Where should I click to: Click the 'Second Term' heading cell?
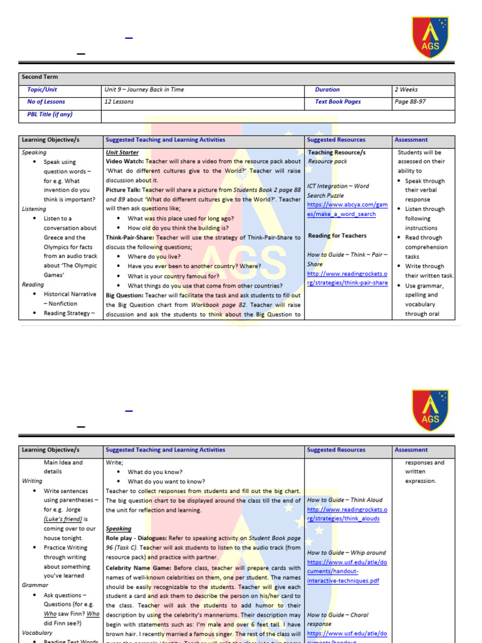click(40, 77)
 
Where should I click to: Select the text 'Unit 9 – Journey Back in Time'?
click(145, 90)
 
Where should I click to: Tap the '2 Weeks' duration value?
click(406, 90)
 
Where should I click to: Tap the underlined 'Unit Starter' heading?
click(122, 153)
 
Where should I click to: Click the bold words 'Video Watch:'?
click(124, 162)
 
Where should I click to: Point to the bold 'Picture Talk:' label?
click(124, 190)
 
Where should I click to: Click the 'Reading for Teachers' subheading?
click(337, 236)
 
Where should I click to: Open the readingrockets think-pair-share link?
click(347, 278)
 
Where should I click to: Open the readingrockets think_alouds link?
click(347, 514)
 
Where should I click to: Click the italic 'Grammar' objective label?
click(35, 585)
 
